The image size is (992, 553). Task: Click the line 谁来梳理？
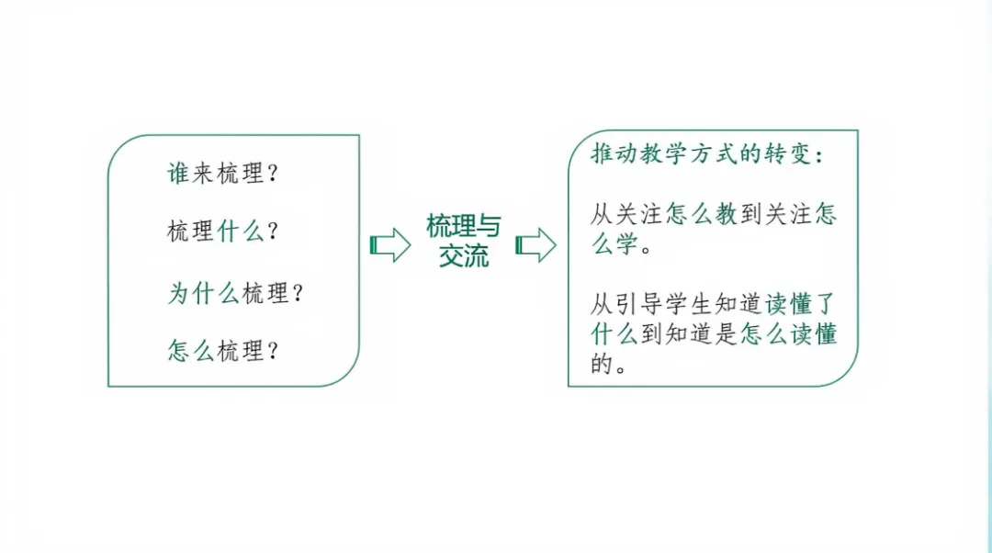(x=221, y=174)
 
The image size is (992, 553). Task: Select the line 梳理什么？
(x=221, y=231)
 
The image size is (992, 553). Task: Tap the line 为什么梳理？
(x=234, y=293)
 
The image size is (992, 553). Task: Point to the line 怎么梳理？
(x=221, y=350)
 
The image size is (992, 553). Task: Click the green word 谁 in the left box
(x=177, y=174)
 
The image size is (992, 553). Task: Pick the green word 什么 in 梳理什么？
(x=240, y=231)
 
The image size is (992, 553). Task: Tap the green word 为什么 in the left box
(x=202, y=293)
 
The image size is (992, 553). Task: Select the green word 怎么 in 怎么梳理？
(x=190, y=350)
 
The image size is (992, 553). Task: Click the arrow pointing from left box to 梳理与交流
(x=389, y=245)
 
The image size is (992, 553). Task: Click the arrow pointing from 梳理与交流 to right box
(x=536, y=245)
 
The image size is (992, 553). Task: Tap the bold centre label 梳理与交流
(x=464, y=240)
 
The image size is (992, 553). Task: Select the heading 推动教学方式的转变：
(x=707, y=155)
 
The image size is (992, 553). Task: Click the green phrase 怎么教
(x=702, y=216)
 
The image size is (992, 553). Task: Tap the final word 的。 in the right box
(x=608, y=365)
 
